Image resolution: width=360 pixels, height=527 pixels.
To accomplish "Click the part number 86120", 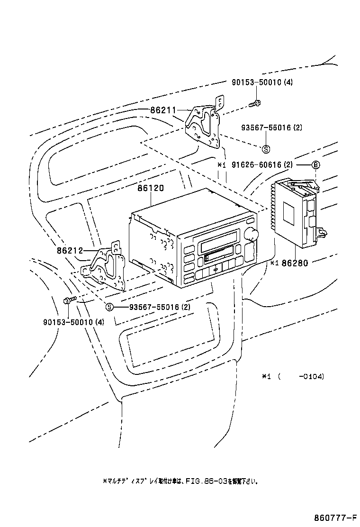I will click(x=151, y=188).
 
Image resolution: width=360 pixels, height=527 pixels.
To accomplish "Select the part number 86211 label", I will click(x=163, y=110).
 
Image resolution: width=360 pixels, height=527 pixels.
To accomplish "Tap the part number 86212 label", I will click(x=71, y=251).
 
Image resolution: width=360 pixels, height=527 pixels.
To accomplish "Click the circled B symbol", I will click(x=315, y=165).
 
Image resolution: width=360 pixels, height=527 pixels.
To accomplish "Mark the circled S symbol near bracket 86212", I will click(x=109, y=307).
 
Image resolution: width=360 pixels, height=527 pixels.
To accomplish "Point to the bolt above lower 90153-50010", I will click(x=68, y=300).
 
